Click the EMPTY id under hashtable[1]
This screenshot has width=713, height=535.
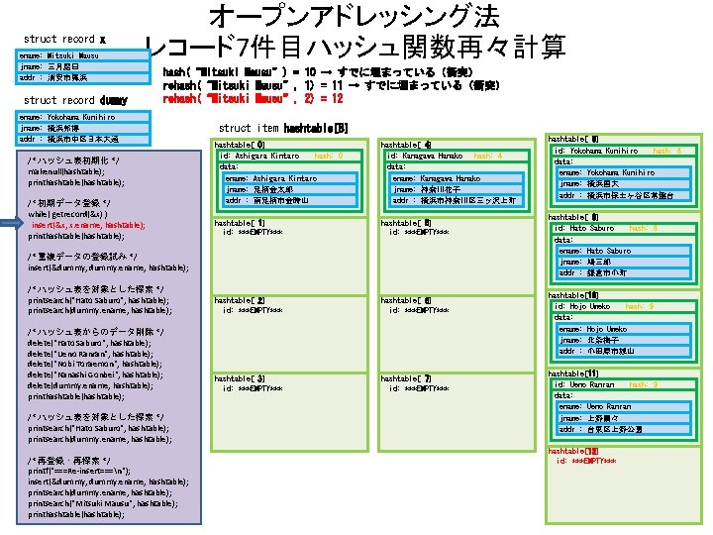[x=253, y=233]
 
